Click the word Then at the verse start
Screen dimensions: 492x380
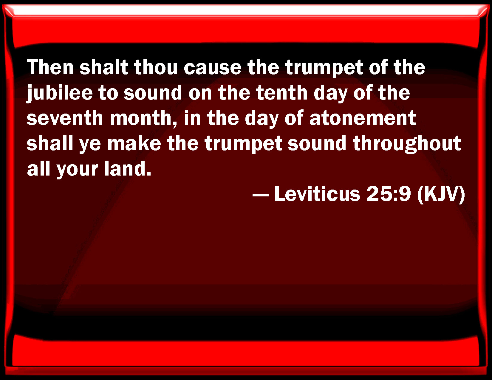click(50, 67)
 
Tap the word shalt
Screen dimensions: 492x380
click(104, 67)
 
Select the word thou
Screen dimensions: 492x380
click(156, 67)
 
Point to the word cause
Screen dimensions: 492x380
click(213, 69)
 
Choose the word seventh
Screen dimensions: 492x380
click(65, 118)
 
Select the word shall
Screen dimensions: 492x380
click(50, 143)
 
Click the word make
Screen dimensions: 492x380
click(134, 143)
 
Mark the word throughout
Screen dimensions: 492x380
click(407, 144)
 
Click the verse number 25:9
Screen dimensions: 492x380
click(389, 194)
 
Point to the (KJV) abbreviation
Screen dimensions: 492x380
click(441, 195)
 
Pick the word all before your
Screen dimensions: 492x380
click(38, 168)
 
